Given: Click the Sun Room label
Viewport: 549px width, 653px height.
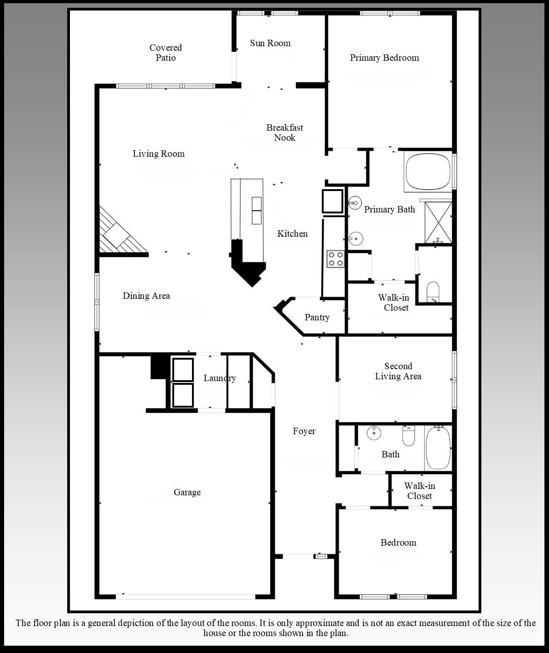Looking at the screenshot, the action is coord(270,43).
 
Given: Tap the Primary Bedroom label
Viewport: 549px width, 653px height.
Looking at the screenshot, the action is coord(384,58).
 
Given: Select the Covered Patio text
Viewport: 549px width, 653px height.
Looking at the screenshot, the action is coord(165,53).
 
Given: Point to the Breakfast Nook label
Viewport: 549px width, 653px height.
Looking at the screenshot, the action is coord(285,133).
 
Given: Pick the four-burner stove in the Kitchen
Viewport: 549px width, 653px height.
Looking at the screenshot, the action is coord(336,259).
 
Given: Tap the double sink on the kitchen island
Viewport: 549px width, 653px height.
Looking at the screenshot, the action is coord(256,211).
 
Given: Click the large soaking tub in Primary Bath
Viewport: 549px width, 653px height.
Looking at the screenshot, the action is coord(428,171).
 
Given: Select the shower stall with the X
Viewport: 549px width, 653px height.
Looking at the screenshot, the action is coord(438,223).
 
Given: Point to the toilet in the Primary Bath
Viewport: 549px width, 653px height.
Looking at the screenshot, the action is coord(433,292).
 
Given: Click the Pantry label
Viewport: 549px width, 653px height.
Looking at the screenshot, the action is coord(317,318).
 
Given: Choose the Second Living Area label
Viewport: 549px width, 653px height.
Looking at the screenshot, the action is coord(398,371).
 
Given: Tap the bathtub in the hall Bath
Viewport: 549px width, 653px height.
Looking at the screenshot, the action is coord(438,448).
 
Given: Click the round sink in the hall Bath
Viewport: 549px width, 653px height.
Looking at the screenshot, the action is coord(374,433).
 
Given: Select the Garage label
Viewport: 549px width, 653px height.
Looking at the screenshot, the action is coord(187,492).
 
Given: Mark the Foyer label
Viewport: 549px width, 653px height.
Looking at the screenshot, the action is coord(304,431).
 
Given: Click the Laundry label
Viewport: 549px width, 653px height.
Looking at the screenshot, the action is coord(219,378).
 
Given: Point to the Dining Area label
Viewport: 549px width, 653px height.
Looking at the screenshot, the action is coord(146,296).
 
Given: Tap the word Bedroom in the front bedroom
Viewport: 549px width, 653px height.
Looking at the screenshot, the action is coord(398,542).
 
